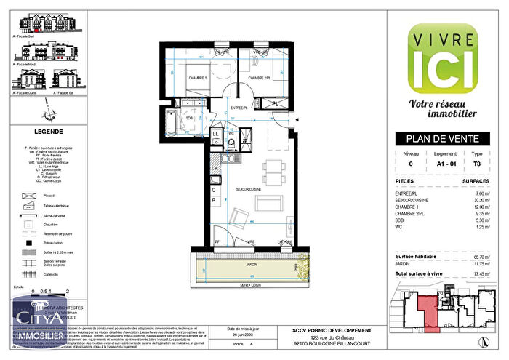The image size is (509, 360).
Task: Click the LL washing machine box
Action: [x=216, y=134]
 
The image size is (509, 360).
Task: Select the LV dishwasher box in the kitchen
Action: [x=215, y=169]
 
